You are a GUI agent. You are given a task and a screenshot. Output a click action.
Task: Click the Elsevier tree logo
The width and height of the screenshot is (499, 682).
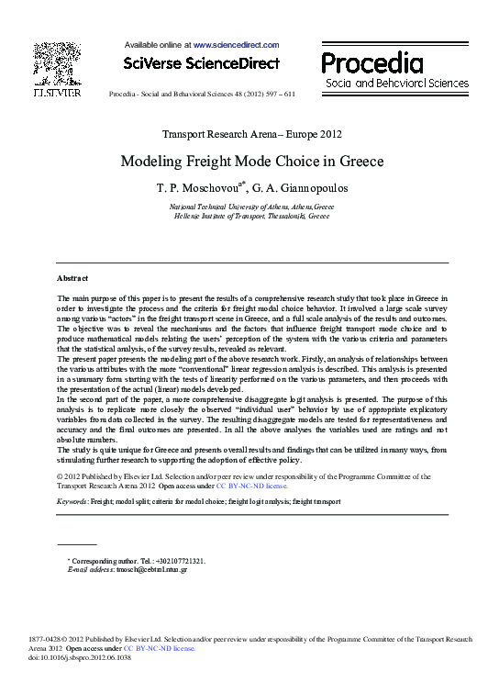(x=57, y=63)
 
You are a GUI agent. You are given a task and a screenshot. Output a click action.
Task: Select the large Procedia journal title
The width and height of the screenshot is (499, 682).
(x=371, y=63)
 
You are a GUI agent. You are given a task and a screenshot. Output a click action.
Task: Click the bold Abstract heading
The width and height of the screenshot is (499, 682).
(x=72, y=277)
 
